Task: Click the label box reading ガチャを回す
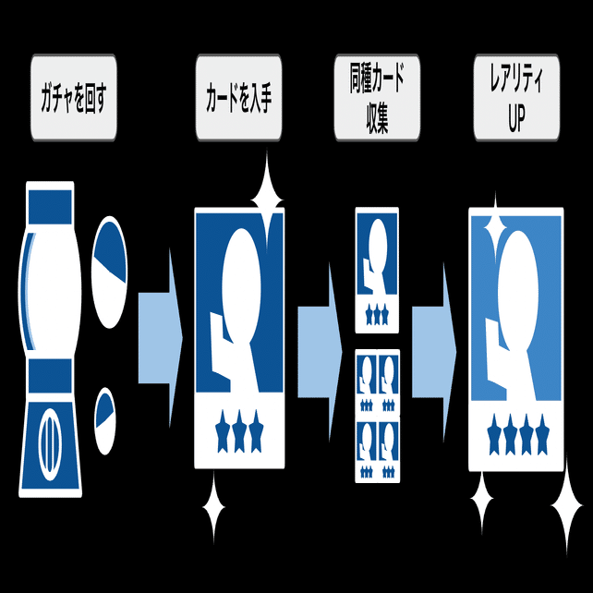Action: tap(73, 99)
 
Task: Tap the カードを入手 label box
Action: tap(238, 99)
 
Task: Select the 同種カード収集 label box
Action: tap(376, 99)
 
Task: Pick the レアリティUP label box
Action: tap(516, 99)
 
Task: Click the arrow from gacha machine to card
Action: tap(160, 337)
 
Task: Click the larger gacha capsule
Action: tap(108, 272)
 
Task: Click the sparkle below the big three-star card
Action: tap(213, 507)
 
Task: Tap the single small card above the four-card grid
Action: tap(377, 270)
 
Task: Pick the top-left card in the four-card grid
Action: tap(367, 382)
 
